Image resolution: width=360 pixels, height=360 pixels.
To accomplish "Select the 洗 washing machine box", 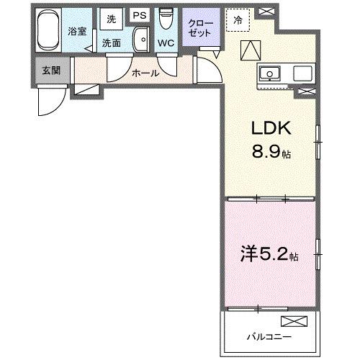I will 110,18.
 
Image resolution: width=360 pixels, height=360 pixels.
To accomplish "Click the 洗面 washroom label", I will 112,43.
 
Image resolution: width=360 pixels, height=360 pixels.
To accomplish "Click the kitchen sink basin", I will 272,72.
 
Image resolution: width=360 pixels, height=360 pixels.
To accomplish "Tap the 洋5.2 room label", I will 268,254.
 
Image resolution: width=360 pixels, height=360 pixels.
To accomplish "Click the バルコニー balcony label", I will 266,336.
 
